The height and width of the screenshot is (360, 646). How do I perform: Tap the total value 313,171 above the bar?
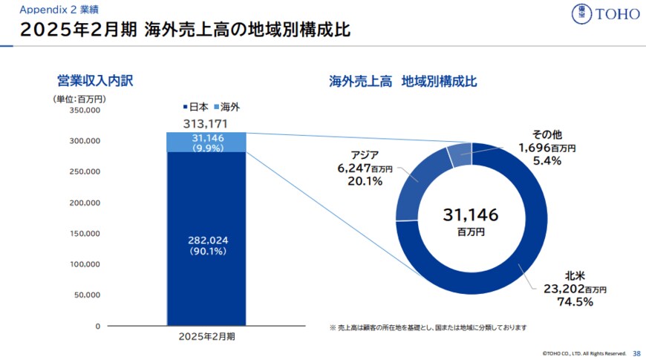point(205,123)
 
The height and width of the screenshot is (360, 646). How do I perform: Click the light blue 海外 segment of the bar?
point(205,142)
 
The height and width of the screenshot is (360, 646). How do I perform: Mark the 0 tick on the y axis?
point(97,326)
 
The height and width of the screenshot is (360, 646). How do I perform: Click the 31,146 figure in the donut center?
point(471,215)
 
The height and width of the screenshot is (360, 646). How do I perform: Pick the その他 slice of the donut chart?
point(459,154)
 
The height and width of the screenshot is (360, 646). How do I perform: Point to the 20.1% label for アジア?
point(365,181)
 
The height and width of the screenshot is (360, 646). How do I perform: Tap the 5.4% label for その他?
point(547,161)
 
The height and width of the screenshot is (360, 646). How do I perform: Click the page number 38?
point(636,353)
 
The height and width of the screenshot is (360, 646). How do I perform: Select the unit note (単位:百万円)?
point(77,99)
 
